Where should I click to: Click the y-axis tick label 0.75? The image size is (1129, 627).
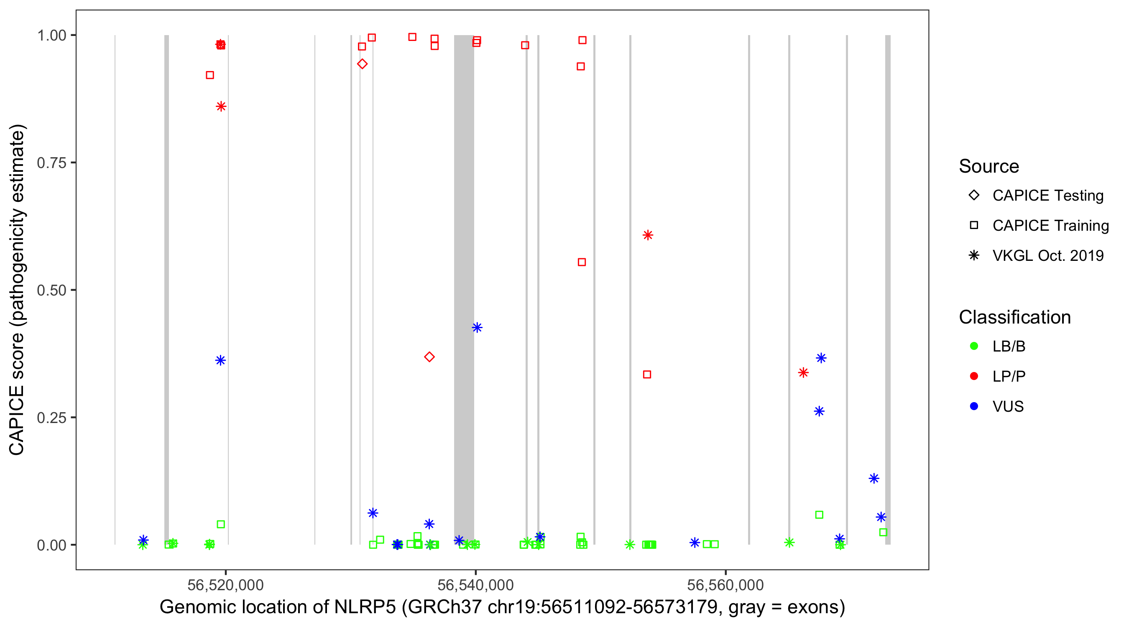click(51, 163)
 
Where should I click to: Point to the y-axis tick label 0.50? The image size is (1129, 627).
click(51, 290)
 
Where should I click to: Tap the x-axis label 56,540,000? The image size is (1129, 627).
click(475, 585)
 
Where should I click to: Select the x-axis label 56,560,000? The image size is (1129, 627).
click(725, 585)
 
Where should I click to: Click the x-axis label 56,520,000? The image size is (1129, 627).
click(225, 585)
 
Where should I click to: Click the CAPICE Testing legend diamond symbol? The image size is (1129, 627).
click(974, 196)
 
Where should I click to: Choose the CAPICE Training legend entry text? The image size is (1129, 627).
click(1050, 226)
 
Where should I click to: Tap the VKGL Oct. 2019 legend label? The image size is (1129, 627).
click(1047, 255)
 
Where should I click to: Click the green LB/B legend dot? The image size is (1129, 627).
click(974, 346)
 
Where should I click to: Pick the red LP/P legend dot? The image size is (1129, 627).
click(974, 376)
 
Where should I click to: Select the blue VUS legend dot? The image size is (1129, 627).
click(974, 406)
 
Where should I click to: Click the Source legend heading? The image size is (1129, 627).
click(989, 166)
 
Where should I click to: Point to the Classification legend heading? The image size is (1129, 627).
click(1014, 317)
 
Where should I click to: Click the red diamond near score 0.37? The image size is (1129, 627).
click(429, 357)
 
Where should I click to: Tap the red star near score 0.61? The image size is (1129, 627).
click(648, 235)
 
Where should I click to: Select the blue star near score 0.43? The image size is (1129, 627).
click(477, 328)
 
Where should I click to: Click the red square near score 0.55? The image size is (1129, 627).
click(582, 263)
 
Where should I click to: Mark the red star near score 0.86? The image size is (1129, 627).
click(221, 107)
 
